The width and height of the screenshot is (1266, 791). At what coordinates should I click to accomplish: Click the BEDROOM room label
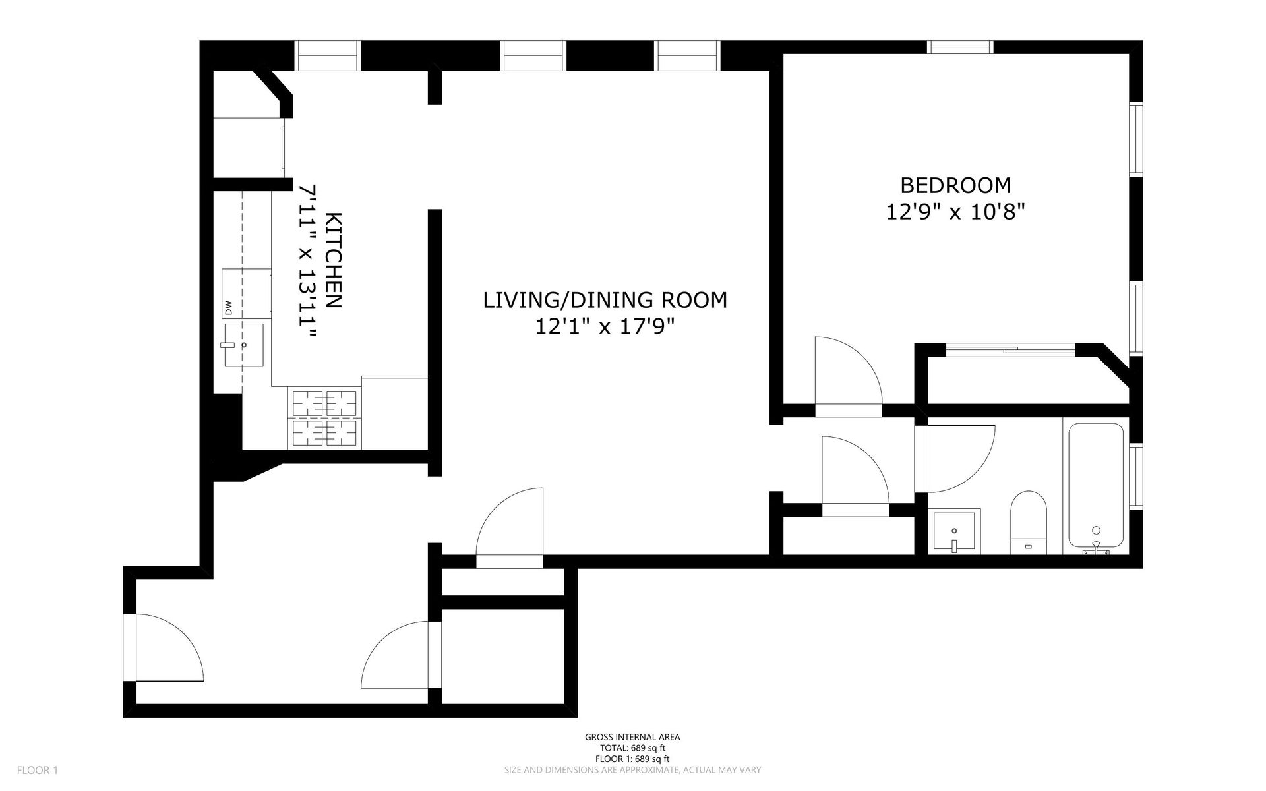955,185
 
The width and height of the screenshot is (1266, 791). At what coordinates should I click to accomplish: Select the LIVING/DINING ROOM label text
605,300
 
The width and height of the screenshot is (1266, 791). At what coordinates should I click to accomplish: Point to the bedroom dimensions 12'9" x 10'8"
955,212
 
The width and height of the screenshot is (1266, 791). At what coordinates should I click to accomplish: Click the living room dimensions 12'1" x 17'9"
605,326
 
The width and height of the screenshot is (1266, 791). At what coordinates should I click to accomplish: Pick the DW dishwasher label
229,307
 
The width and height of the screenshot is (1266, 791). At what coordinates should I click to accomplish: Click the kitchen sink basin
244,345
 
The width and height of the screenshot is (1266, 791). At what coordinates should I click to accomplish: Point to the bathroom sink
954,531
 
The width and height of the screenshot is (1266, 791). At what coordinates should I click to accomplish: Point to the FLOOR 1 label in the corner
38,770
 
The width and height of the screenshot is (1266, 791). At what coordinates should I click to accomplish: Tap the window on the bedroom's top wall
960,47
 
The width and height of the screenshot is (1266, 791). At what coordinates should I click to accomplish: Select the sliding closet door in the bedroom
1011,349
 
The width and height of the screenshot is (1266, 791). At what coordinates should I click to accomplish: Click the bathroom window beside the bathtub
1136,476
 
